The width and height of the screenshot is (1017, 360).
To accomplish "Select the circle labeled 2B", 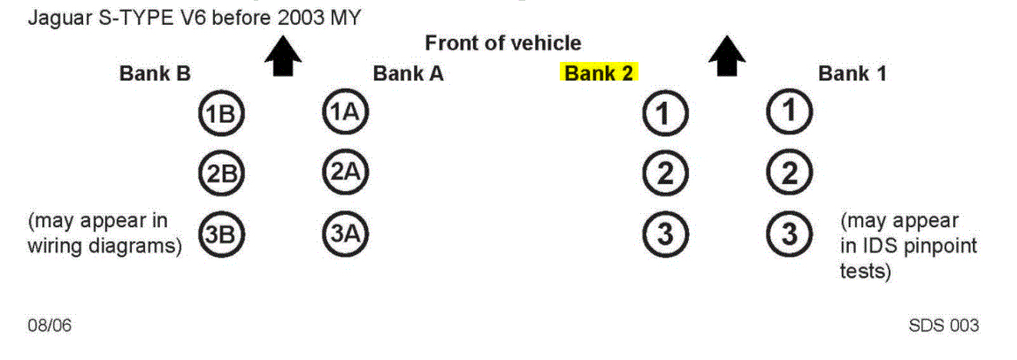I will click(x=220, y=174).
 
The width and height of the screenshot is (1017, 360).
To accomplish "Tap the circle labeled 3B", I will click(x=220, y=235).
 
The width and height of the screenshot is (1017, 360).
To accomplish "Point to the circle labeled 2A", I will click(x=345, y=173).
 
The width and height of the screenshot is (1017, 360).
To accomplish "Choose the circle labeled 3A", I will click(x=345, y=234).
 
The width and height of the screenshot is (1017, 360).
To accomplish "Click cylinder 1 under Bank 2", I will click(x=665, y=114).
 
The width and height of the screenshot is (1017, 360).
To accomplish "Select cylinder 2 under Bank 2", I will click(x=665, y=174).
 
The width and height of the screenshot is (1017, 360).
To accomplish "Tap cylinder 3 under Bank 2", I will click(x=665, y=234).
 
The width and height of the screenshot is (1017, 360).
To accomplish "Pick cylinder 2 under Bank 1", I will click(x=789, y=173).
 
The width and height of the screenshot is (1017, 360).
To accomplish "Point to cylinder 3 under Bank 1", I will click(x=789, y=234).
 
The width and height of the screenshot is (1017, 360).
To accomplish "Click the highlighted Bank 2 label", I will click(x=600, y=73).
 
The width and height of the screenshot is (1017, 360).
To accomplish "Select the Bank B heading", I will click(x=155, y=73).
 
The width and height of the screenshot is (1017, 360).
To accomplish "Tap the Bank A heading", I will click(x=408, y=73).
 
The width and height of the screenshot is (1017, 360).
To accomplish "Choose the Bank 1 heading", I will click(x=852, y=73).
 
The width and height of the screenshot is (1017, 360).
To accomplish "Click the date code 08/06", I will click(x=50, y=326).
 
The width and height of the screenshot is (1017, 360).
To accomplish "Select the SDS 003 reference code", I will click(x=944, y=326).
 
